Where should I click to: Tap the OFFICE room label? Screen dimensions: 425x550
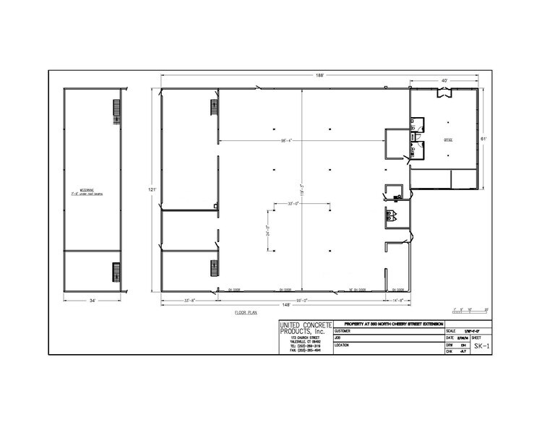447,140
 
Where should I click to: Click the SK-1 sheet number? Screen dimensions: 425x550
481,346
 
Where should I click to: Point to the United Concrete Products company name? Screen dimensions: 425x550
304,330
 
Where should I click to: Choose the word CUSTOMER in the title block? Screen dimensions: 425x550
345,330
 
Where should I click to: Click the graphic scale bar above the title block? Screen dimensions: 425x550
468,312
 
